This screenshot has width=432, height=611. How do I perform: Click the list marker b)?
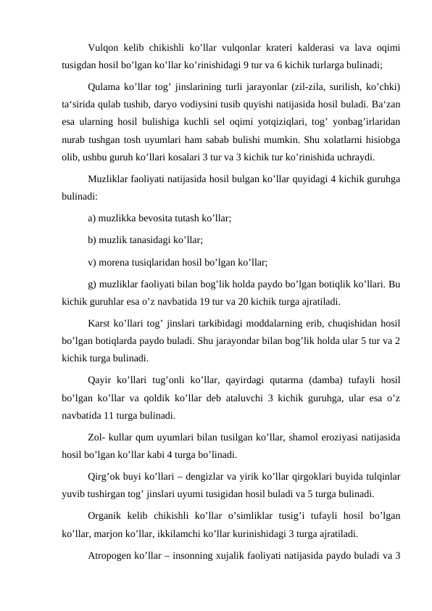coord(93,238)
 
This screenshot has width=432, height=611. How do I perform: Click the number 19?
coord(228,300)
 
